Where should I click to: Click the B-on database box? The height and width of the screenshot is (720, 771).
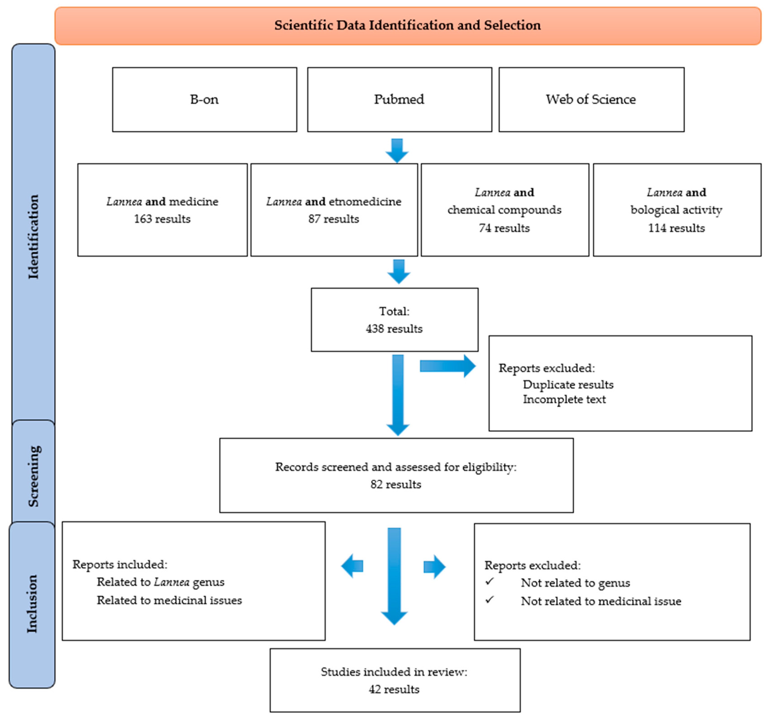pos(204,99)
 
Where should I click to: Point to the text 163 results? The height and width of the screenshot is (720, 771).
pos(162,219)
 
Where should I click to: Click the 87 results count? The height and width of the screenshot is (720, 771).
pos(333,219)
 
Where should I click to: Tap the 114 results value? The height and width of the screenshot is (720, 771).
pos(676,228)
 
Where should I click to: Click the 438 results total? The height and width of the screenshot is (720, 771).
pos(394,329)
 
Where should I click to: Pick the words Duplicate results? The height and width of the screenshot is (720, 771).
pos(568,384)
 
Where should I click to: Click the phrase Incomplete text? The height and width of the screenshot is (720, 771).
pos(564,399)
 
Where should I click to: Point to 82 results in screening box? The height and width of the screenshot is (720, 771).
pos(396,484)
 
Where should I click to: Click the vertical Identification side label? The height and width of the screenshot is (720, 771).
pos(33,237)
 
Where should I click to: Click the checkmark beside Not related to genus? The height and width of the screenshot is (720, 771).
pos(489,581)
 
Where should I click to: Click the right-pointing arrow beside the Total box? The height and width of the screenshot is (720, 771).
pos(448,366)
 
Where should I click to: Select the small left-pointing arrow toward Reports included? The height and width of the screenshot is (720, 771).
pos(352,566)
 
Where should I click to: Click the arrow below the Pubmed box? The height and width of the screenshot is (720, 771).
pos(397,150)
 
